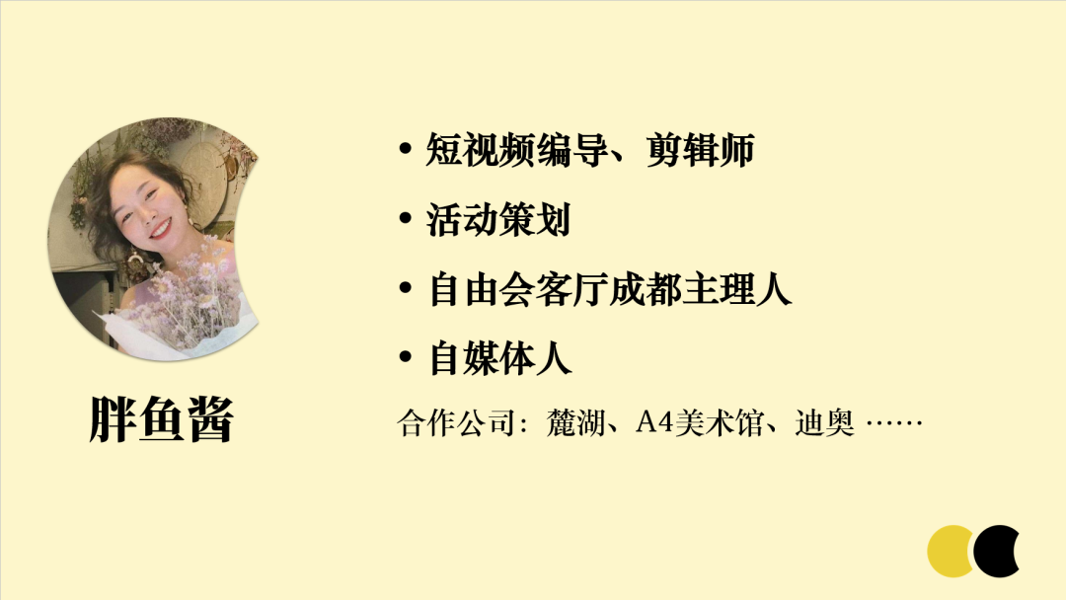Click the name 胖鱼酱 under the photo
tap(161, 420)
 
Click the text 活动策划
tap(498, 220)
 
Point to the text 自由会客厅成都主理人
tap(610, 290)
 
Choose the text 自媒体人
tap(500, 358)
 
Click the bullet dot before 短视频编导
tap(405, 151)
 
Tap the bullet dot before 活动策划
tap(405, 220)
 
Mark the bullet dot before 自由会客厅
tap(405, 290)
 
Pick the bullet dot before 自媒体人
tap(405, 358)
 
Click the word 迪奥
tap(824, 425)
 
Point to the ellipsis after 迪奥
tap(893, 425)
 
